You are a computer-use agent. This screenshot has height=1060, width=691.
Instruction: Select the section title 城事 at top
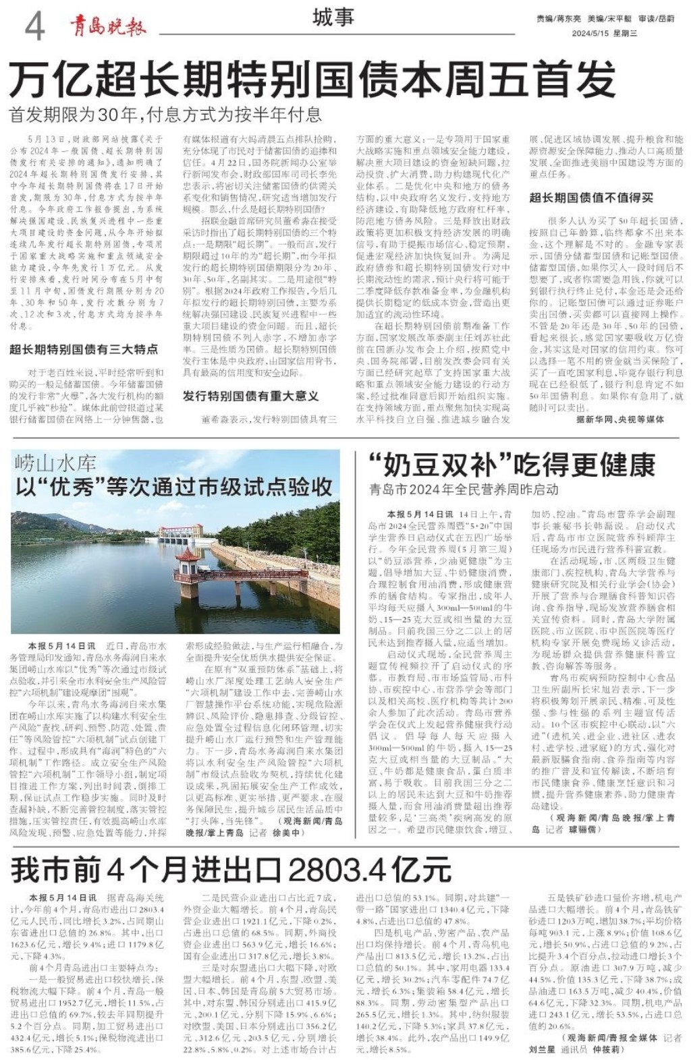[333, 18]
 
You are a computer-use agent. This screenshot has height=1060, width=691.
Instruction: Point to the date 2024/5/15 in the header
[592, 33]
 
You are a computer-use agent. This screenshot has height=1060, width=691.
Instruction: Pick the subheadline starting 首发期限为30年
[166, 115]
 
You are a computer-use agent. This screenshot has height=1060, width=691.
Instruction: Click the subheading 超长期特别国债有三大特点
[84, 349]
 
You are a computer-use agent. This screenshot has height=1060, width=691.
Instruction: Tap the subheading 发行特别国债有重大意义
[250, 396]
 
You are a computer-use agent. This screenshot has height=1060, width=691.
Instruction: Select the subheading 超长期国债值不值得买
[591, 198]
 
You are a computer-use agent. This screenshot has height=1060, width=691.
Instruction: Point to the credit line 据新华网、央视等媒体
[620, 419]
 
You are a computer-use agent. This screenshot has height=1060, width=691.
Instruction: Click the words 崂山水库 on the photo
[56, 463]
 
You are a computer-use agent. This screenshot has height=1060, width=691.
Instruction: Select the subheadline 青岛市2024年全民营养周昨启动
[464, 490]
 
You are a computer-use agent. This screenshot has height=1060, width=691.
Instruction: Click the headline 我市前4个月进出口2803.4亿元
[231, 870]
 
